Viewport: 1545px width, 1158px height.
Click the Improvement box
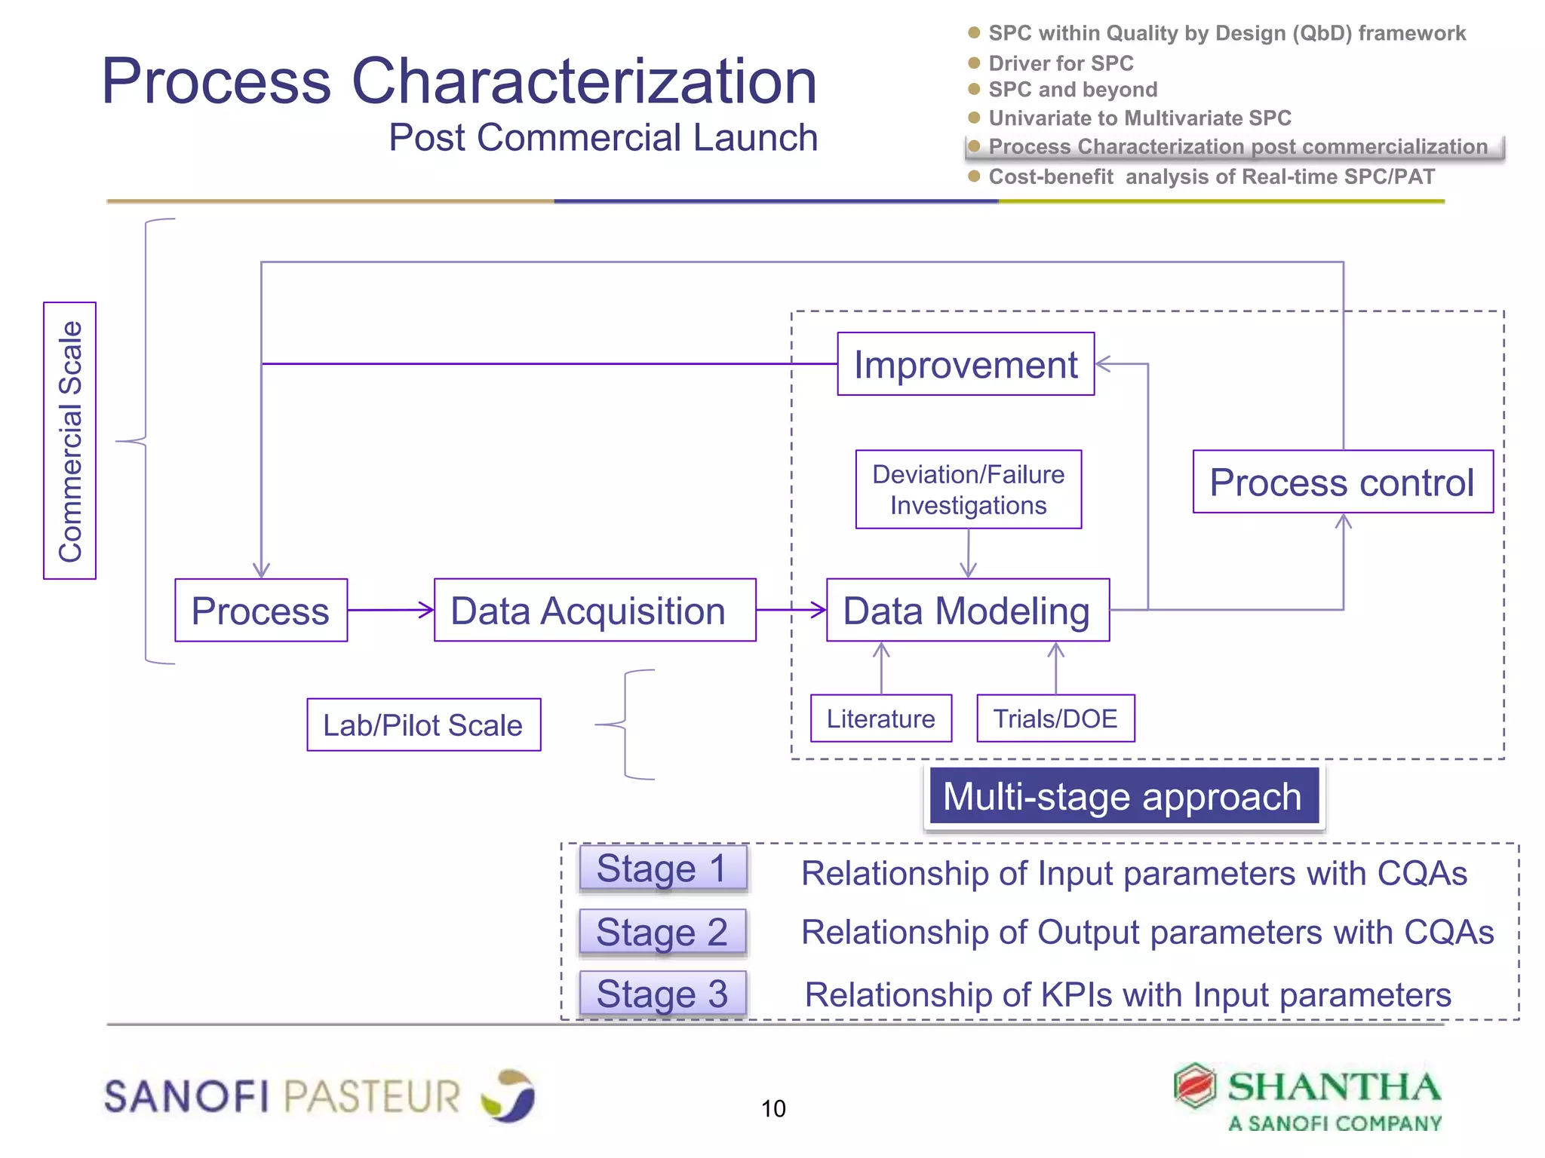[x=965, y=364]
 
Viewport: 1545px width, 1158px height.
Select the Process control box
[x=1342, y=482]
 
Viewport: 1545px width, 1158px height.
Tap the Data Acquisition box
[x=594, y=610]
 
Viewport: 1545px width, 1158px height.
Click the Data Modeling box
[x=967, y=610]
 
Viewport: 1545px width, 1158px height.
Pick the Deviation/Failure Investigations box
[x=968, y=489]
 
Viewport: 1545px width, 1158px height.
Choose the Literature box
[x=880, y=718]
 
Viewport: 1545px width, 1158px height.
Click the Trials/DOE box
[x=1055, y=718]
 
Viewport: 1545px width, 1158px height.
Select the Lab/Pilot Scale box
[x=423, y=725]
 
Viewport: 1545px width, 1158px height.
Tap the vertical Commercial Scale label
[x=70, y=441]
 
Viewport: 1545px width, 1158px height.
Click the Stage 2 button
[x=662, y=931]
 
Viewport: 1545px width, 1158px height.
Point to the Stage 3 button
[x=662, y=993]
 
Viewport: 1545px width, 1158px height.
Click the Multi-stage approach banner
[x=1123, y=796]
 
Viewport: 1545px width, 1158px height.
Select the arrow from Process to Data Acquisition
[x=390, y=610]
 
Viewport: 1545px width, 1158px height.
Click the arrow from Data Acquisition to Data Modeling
[x=791, y=610]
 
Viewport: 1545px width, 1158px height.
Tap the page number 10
[x=773, y=1108]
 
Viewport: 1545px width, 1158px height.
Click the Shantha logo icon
[x=1195, y=1086]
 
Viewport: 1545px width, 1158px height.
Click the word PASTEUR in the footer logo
[x=372, y=1095]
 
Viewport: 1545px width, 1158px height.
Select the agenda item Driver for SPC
[x=1061, y=63]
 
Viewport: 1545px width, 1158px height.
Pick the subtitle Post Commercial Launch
[x=603, y=138]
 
